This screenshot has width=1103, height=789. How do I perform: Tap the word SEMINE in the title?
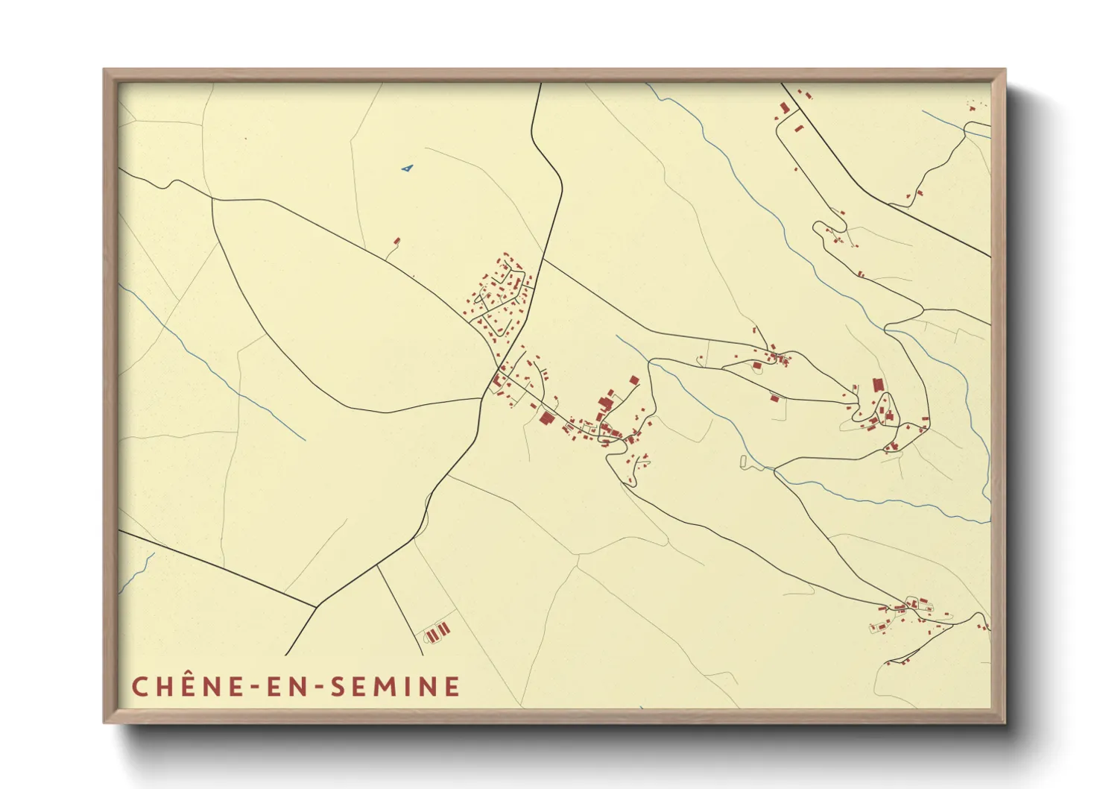point(396,687)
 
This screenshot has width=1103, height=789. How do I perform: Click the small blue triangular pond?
point(406,168)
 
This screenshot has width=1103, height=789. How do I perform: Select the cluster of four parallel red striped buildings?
point(437,632)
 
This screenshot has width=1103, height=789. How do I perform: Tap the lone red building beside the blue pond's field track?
point(396,241)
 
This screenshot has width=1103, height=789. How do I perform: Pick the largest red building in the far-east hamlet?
point(878,385)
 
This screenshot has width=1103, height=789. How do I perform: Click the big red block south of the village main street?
point(547,418)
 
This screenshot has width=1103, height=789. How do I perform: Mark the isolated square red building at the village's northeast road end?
point(634,380)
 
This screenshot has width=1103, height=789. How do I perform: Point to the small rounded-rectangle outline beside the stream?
point(743,462)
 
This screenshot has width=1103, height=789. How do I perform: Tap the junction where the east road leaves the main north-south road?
point(543,259)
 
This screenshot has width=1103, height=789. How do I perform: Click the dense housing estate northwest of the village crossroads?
point(499,298)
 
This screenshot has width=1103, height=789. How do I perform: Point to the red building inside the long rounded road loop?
point(800,128)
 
